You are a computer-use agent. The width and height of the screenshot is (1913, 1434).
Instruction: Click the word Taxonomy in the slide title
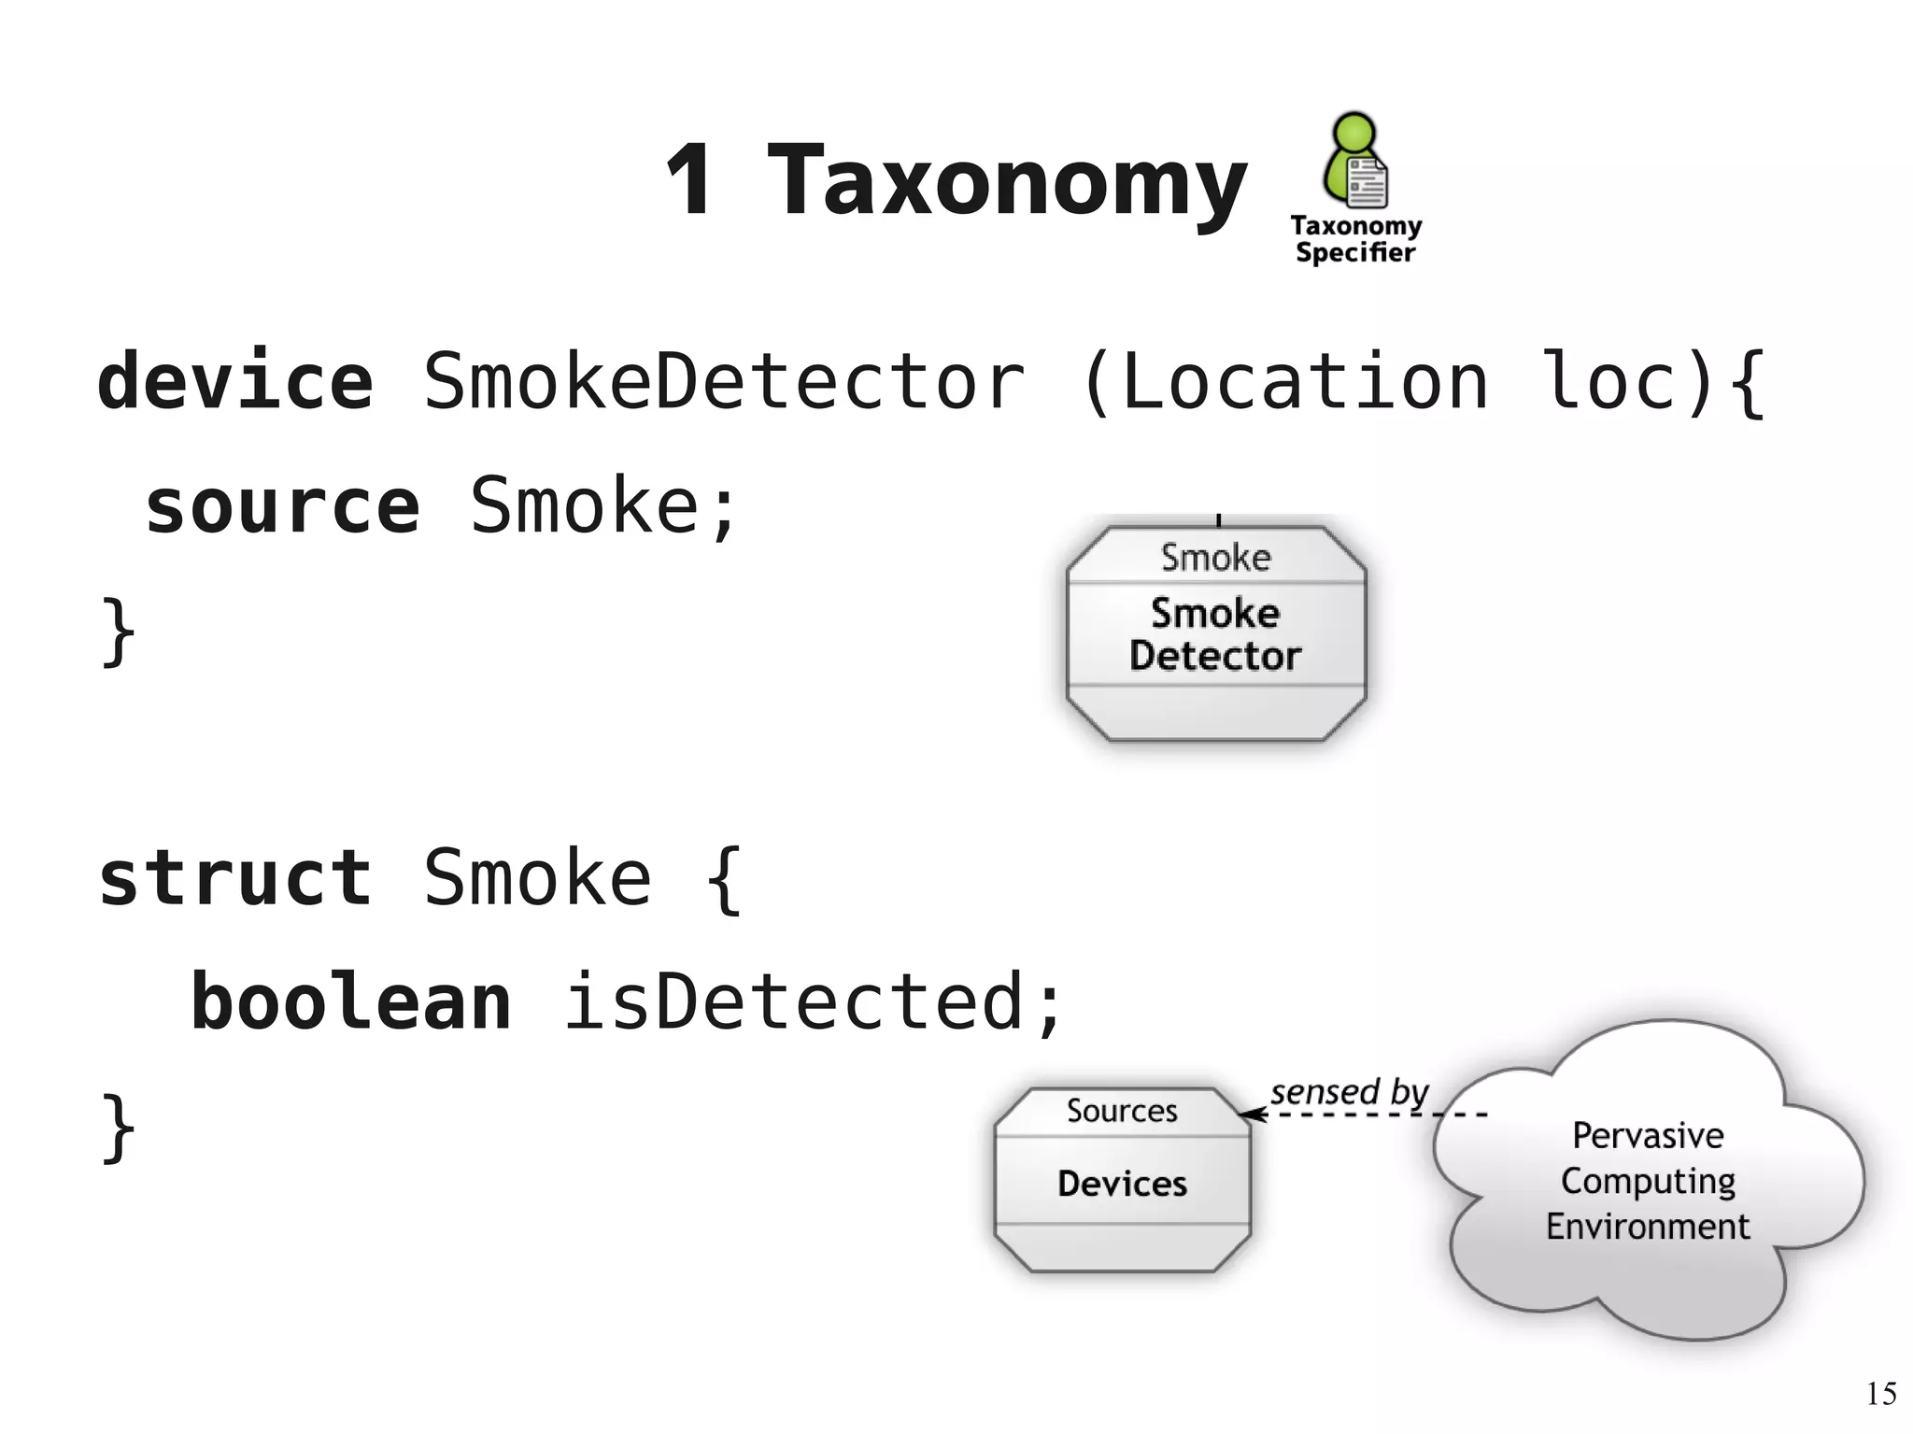1006,182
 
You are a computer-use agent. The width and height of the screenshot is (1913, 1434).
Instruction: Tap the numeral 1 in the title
690,180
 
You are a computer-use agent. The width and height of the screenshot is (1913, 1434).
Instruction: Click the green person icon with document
1354,161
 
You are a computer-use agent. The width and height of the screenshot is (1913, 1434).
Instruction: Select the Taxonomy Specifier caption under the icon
1355,239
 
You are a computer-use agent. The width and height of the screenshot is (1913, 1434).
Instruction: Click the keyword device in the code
235,381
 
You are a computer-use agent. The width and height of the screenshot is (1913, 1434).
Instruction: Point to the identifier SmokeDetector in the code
724,381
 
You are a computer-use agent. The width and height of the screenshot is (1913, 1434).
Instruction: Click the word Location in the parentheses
1304,381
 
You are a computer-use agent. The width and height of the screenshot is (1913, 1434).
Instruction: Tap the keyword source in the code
282,506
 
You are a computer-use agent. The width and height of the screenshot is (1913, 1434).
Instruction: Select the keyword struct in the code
235,878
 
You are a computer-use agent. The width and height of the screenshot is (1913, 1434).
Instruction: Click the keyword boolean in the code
351,1002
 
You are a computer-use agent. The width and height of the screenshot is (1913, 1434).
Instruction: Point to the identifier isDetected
794,1002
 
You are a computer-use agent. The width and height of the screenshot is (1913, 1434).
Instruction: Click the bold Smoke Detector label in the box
1214,634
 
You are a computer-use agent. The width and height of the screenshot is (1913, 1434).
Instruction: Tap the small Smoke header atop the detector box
1215,558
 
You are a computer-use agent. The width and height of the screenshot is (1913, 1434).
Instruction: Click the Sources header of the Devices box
1122,1111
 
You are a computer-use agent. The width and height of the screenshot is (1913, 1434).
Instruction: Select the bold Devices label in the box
1122,1184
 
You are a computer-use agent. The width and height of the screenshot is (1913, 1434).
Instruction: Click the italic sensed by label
1349,1091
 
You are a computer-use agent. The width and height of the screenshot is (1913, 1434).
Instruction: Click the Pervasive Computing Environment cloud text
1648,1181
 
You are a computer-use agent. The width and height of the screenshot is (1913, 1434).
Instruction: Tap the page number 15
1881,1394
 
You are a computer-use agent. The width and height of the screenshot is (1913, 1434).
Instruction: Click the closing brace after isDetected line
119,1128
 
